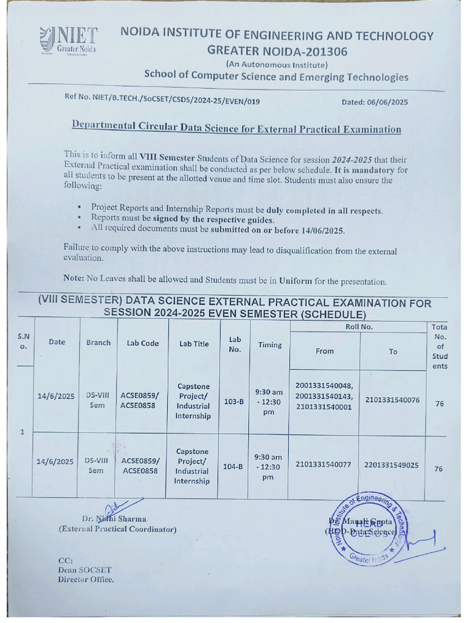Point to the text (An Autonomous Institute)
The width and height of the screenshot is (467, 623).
277,64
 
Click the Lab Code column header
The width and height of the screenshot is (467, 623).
142,343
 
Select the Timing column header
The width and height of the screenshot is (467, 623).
269,345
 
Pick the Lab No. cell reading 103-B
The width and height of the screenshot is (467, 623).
233,402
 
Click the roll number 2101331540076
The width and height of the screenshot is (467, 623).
392,400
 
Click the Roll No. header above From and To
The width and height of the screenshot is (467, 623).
359,327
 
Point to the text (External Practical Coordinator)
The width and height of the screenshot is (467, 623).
117,529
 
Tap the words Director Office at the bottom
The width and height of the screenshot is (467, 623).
86,580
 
